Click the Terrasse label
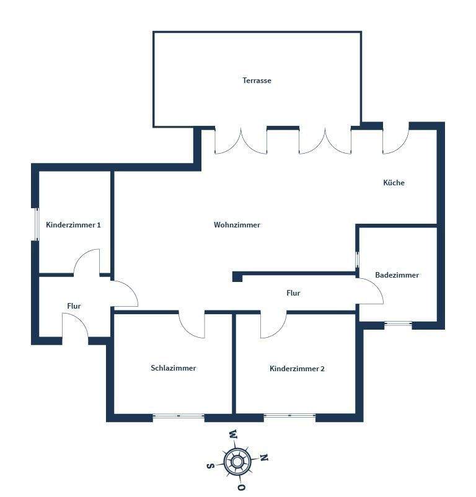[257, 81]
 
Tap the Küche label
[394, 183]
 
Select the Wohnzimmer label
[237, 225]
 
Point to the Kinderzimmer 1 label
[73, 225]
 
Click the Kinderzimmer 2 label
[297, 369]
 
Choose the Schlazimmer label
[173, 368]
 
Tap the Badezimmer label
[397, 275]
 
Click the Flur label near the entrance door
[74, 306]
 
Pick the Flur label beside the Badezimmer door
[293, 293]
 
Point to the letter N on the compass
[263, 459]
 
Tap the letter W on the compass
[232, 434]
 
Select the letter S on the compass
[210, 465]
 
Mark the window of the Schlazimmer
[178, 416]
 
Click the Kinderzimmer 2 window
[289, 416]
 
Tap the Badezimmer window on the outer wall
[398, 323]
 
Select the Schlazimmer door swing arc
[192, 325]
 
